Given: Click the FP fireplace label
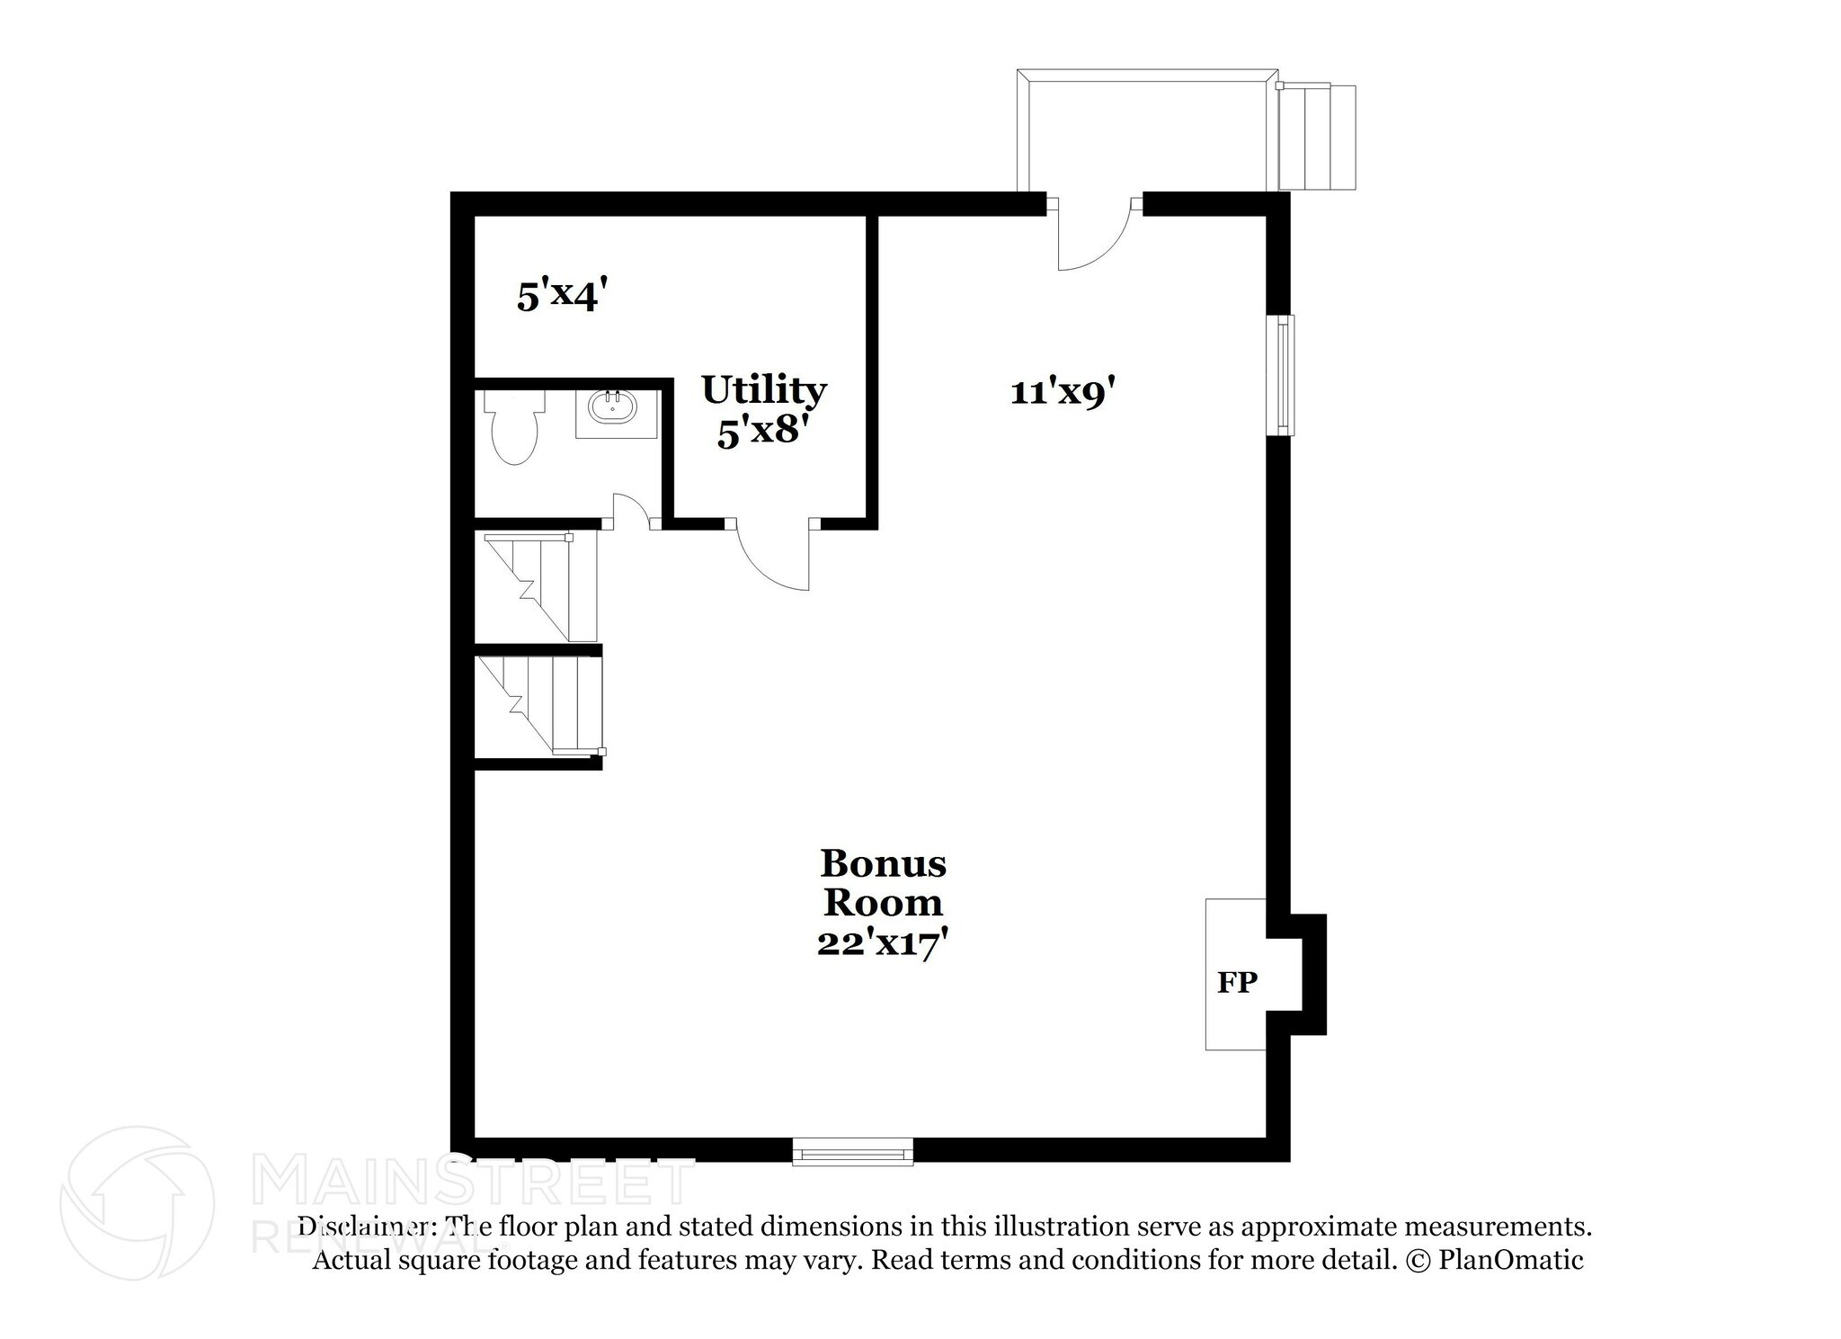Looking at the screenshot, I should click(x=1237, y=983).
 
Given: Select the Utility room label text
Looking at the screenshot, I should click(x=764, y=390).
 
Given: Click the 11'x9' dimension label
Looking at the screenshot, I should click(x=1063, y=393).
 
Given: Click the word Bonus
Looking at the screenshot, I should click(x=883, y=863).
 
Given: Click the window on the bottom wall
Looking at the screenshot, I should click(x=852, y=1151).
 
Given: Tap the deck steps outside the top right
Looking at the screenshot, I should click(x=1317, y=137).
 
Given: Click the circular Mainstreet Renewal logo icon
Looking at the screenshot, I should click(x=137, y=1203).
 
